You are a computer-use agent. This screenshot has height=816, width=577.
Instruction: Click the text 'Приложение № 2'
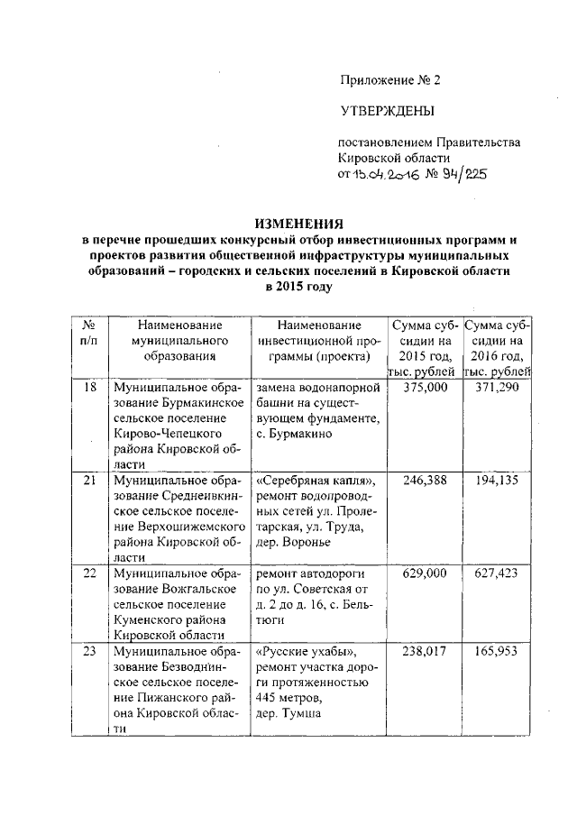[389, 80]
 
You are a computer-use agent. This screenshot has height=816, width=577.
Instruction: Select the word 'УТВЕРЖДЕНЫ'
[386, 111]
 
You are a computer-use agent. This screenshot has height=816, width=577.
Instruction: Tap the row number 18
[89, 386]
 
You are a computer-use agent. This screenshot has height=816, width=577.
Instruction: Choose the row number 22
[89, 573]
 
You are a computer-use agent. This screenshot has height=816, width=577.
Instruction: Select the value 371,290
[498, 386]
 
